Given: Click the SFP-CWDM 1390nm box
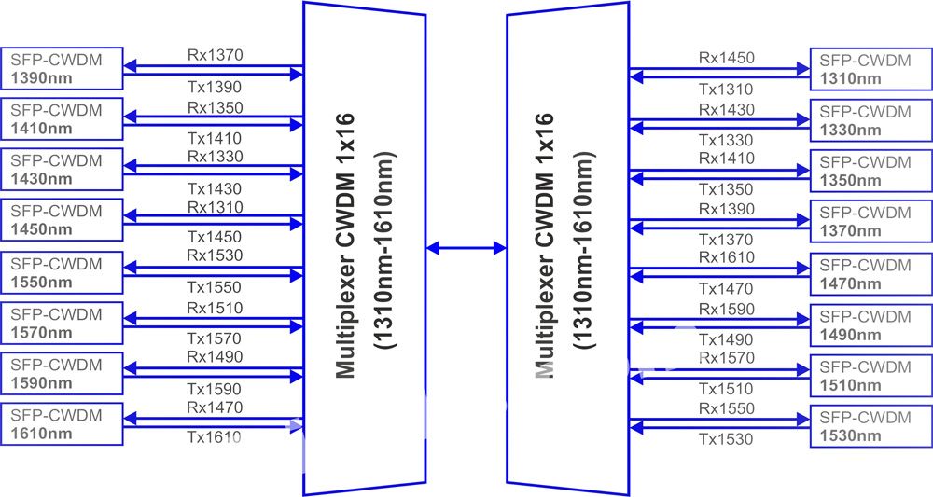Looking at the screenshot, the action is [x=62, y=68].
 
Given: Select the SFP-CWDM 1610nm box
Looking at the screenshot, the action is [x=62, y=424].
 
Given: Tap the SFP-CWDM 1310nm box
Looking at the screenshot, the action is [x=871, y=69].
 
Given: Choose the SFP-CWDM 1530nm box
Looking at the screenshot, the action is [x=871, y=426].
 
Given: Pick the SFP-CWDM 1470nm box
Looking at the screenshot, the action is [x=871, y=274].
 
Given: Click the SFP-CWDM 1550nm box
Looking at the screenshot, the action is [x=62, y=273].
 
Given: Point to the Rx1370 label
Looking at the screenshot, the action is [x=216, y=55].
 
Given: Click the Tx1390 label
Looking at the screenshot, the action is [x=215, y=87].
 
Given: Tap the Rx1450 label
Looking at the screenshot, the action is [x=727, y=58].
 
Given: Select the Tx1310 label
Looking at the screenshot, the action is [x=726, y=90].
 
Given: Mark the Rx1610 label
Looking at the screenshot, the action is [x=727, y=257].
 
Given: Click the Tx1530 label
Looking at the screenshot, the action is [x=726, y=439].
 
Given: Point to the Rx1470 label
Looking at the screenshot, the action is [x=215, y=407].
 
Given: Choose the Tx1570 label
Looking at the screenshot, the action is [x=215, y=338].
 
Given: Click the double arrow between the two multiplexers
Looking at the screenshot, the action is [x=466, y=248].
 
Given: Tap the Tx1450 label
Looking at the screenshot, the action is [x=215, y=237].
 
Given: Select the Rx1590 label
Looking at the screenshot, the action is [x=727, y=310].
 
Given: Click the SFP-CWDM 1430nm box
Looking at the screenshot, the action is [x=62, y=170].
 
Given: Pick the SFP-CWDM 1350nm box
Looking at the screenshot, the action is [x=871, y=172].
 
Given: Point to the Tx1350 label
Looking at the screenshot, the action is [x=726, y=189].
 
